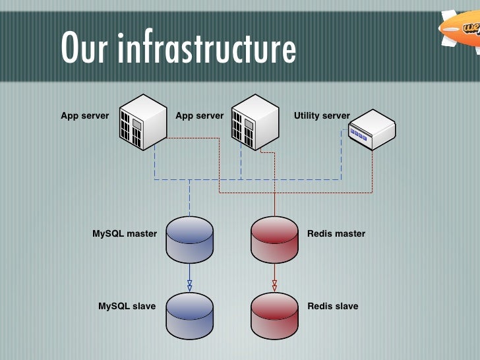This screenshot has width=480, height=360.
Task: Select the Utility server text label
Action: [322, 116]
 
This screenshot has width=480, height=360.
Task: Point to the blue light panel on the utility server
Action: [358, 135]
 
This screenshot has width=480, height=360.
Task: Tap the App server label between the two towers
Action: [200, 116]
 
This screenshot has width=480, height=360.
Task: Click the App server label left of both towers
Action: [85, 116]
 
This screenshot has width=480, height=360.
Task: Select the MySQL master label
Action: [125, 233]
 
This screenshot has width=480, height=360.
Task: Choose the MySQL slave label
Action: [127, 306]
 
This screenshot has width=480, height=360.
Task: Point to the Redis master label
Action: [336, 233]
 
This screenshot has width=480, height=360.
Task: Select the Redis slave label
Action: [333, 306]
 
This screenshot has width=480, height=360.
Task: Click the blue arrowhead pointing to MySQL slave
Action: [190, 285]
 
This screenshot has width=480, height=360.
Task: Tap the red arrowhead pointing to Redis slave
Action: [274, 285]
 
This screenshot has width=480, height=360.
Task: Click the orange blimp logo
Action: [462, 28]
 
